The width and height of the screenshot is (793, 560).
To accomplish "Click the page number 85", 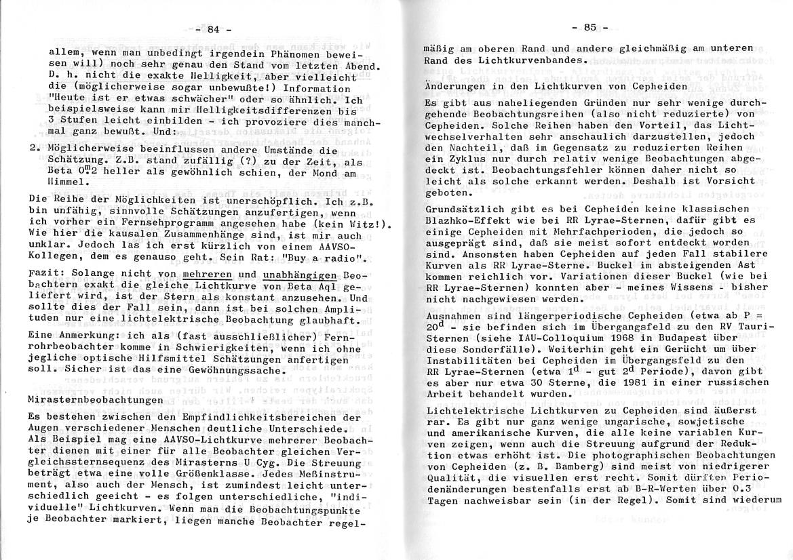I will tap(588, 28).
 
